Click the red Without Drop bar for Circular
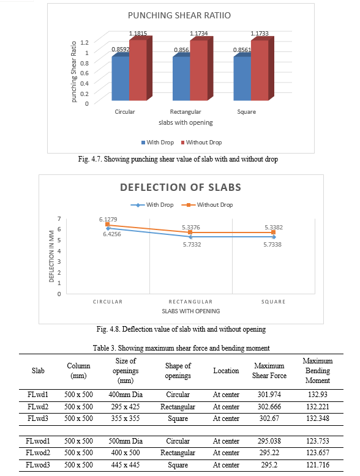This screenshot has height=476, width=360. [x=138, y=70]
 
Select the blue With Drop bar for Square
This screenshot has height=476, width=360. [x=242, y=78]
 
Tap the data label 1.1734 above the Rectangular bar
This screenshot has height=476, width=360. [x=199, y=34]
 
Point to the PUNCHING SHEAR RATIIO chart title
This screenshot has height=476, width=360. [x=179, y=15]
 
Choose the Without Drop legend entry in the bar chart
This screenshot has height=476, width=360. [x=201, y=143]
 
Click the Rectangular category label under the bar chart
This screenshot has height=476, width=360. [x=186, y=112]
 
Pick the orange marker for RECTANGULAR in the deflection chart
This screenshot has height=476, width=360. [x=190, y=232]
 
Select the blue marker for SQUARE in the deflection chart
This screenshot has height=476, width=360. [x=274, y=237]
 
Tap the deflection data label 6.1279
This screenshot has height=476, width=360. [x=108, y=219]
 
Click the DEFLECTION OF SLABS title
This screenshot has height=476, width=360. [x=181, y=187]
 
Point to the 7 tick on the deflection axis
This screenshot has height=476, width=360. [x=59, y=218]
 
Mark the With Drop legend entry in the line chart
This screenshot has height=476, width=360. [x=152, y=205]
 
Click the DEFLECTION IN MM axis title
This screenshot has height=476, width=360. [x=51, y=256]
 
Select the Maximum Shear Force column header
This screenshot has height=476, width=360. [x=269, y=371]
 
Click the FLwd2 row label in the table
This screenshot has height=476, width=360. [x=38, y=407]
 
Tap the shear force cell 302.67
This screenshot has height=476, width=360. [x=269, y=418]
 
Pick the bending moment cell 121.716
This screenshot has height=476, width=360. [x=318, y=465]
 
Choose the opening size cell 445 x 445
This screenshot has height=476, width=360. [x=126, y=465]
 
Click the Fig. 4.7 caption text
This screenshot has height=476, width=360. [x=178, y=159]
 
